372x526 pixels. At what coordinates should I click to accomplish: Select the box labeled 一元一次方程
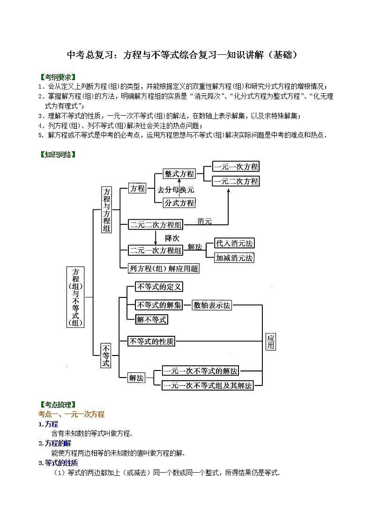[x=236, y=167]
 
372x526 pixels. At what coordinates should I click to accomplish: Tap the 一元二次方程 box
[x=236, y=181]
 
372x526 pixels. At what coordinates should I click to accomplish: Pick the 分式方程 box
[x=179, y=203]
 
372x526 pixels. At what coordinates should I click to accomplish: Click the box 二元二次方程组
[x=156, y=225]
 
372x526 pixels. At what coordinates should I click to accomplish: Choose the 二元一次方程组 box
[x=156, y=250]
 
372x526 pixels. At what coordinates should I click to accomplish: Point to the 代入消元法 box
[x=234, y=243]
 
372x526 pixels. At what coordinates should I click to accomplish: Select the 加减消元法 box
[x=234, y=258]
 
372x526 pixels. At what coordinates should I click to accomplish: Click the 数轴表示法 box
[x=212, y=305]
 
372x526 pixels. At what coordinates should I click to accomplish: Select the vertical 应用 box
[x=270, y=341]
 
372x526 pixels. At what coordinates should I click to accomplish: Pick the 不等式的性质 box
[x=151, y=341]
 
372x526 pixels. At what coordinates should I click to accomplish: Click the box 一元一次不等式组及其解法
[x=208, y=385]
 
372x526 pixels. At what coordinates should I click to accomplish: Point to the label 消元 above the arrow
[x=205, y=220]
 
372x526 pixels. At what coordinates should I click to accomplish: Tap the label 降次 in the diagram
[x=172, y=238]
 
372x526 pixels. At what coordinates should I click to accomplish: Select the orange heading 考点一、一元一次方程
[x=71, y=414]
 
